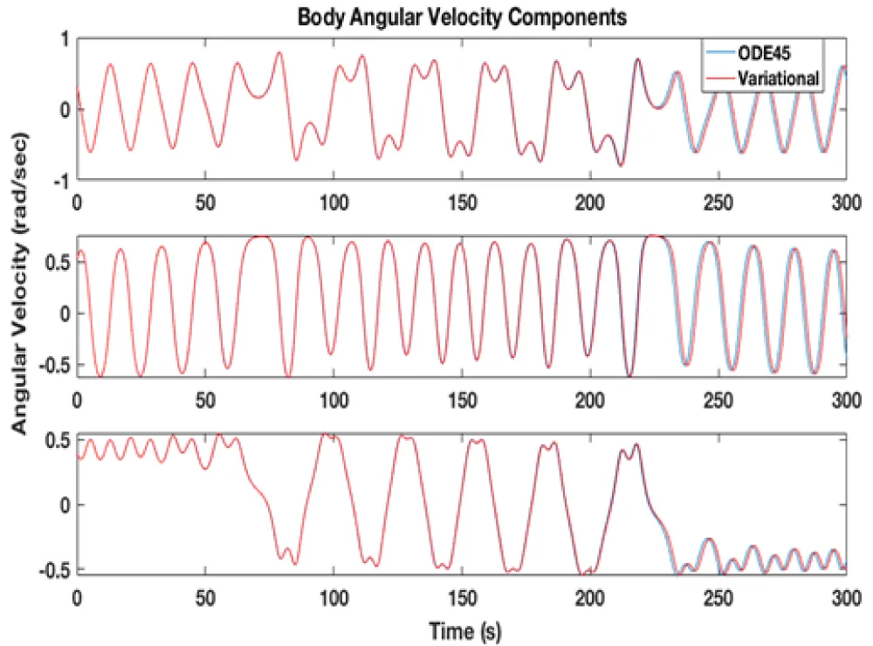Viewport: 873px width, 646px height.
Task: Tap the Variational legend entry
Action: (x=778, y=79)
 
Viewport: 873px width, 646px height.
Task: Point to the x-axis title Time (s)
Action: (x=462, y=629)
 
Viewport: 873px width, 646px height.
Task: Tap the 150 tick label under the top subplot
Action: (x=461, y=199)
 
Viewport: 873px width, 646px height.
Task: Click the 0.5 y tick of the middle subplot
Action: (x=56, y=263)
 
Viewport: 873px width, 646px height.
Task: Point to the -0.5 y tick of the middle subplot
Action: (x=53, y=364)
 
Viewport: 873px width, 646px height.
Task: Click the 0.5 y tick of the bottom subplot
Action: (x=56, y=439)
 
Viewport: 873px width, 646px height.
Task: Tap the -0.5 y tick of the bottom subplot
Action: (x=53, y=569)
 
